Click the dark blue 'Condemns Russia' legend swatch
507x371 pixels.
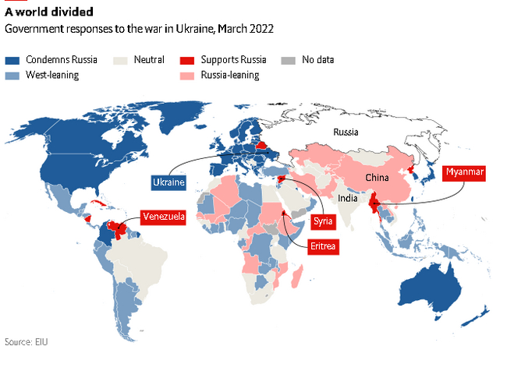tap(12, 60)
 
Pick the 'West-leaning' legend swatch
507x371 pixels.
tap(12, 75)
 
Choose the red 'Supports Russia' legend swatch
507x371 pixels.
tap(187, 60)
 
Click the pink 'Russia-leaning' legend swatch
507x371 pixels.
tap(187, 75)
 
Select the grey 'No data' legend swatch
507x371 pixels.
tap(288, 60)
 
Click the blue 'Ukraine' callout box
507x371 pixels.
tap(168, 182)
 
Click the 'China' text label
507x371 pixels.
tap(376, 179)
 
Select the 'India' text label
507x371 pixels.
tap(348, 199)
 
